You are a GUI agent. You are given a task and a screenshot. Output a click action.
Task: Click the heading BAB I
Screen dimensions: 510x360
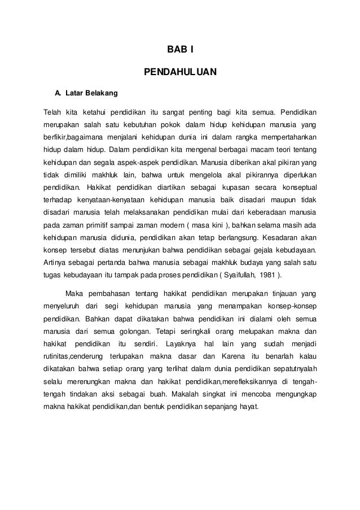180,51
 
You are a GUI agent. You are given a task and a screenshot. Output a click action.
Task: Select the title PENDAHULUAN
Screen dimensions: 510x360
180,72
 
